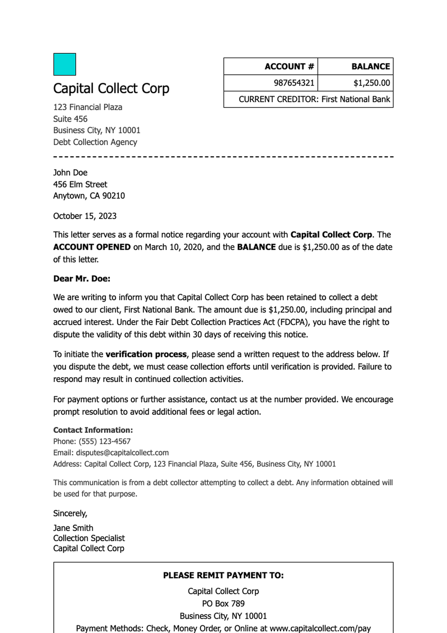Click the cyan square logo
pyautogui.click(x=64, y=64)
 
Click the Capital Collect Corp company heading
pyautogui.click(x=111, y=88)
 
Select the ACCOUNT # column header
pyautogui.click(x=289, y=66)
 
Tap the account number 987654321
pyautogui.click(x=294, y=83)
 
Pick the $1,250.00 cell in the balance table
pyautogui.click(x=371, y=83)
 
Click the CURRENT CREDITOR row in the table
pyautogui.click(x=314, y=99)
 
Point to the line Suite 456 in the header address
pyautogui.click(x=70, y=119)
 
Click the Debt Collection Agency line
pyautogui.click(x=95, y=142)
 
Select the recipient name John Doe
pyautogui.click(x=70, y=173)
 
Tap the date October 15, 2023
pyautogui.click(x=85, y=216)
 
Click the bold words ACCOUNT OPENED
pyautogui.click(x=92, y=247)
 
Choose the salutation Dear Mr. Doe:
pyautogui.click(x=82, y=279)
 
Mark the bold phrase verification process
pyautogui.click(x=146, y=354)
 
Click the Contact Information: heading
pyautogui.click(x=93, y=430)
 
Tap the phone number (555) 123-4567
pyautogui.click(x=104, y=442)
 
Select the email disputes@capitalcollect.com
pyautogui.click(x=122, y=453)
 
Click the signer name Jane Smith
pyautogui.click(x=73, y=528)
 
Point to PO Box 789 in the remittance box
pyautogui.click(x=223, y=604)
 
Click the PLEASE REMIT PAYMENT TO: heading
pyautogui.click(x=223, y=576)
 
